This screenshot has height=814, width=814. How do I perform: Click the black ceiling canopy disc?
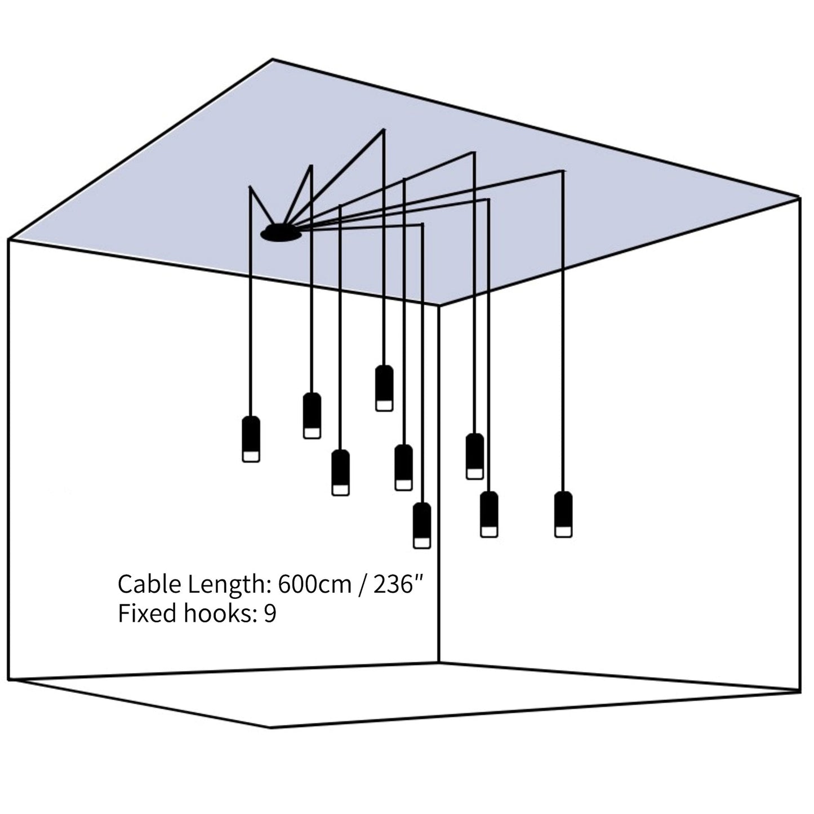[281, 233]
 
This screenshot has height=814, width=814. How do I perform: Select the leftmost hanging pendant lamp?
[251, 439]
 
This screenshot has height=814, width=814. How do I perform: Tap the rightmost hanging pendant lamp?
[563, 514]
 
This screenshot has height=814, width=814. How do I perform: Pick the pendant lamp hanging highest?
[384, 388]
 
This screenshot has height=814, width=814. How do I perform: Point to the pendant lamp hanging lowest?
[422, 525]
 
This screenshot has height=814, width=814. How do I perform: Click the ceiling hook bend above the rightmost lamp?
[562, 171]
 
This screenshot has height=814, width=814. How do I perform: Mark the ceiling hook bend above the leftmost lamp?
[250, 188]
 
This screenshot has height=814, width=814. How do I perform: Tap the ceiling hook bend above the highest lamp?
[384, 130]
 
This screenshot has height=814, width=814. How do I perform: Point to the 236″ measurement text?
[398, 585]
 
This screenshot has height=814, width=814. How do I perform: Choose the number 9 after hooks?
[270, 613]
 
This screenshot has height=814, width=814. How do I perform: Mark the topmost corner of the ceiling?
[273, 59]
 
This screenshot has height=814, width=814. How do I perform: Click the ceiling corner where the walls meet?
[439, 305]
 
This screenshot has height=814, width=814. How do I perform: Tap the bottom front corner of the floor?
[270, 727]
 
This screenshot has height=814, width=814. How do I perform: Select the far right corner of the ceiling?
[799, 197]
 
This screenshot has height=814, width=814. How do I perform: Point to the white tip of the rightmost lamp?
[563, 531]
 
